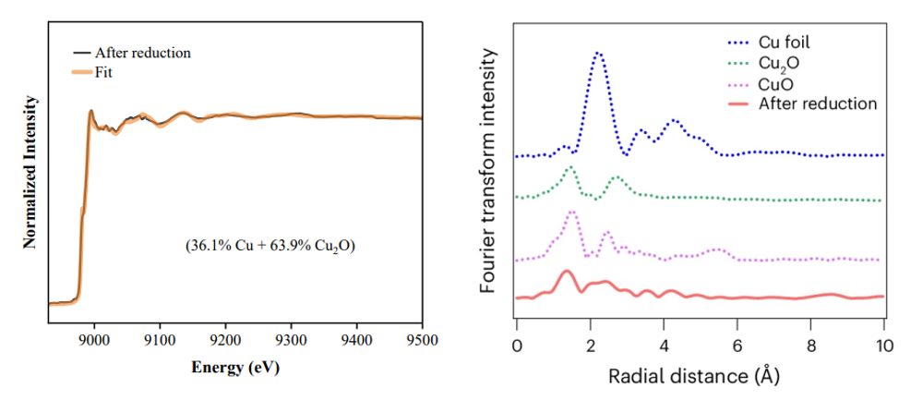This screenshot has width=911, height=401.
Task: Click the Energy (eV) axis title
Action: pyautogui.click(x=234, y=367)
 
